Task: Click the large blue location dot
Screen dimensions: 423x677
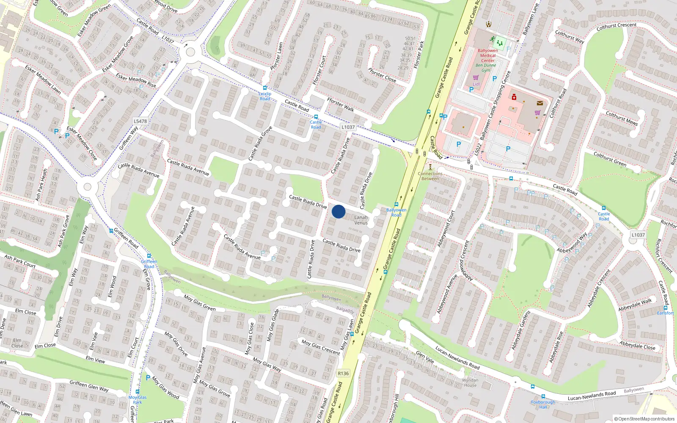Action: click(x=338, y=211)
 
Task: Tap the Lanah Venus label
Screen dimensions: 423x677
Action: click(x=361, y=220)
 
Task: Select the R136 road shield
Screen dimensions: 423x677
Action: click(x=343, y=374)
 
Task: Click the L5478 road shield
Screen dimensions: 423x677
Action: click(x=140, y=121)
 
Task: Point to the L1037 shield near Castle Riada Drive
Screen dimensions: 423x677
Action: click(x=348, y=127)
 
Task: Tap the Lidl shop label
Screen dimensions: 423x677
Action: click(x=476, y=84)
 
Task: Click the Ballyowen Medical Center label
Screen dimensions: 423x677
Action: click(x=487, y=55)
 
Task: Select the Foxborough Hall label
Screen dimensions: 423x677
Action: click(x=543, y=404)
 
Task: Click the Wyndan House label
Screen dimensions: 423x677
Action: click(x=470, y=382)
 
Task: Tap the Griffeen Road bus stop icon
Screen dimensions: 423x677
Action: click(x=149, y=256)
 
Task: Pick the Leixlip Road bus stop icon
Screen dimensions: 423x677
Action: click(x=265, y=88)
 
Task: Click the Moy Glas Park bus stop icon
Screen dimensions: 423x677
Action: click(x=138, y=392)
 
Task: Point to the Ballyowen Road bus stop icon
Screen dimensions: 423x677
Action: click(x=396, y=204)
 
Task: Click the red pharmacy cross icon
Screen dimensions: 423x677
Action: click(x=514, y=97)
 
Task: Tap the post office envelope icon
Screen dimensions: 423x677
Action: click(x=540, y=103)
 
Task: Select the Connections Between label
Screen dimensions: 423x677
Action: click(x=430, y=176)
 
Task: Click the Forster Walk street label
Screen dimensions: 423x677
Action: click(x=341, y=104)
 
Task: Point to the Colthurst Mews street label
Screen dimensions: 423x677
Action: click(x=622, y=118)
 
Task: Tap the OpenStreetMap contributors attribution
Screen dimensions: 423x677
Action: click(x=644, y=419)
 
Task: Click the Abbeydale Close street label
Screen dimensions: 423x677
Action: click(x=637, y=345)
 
